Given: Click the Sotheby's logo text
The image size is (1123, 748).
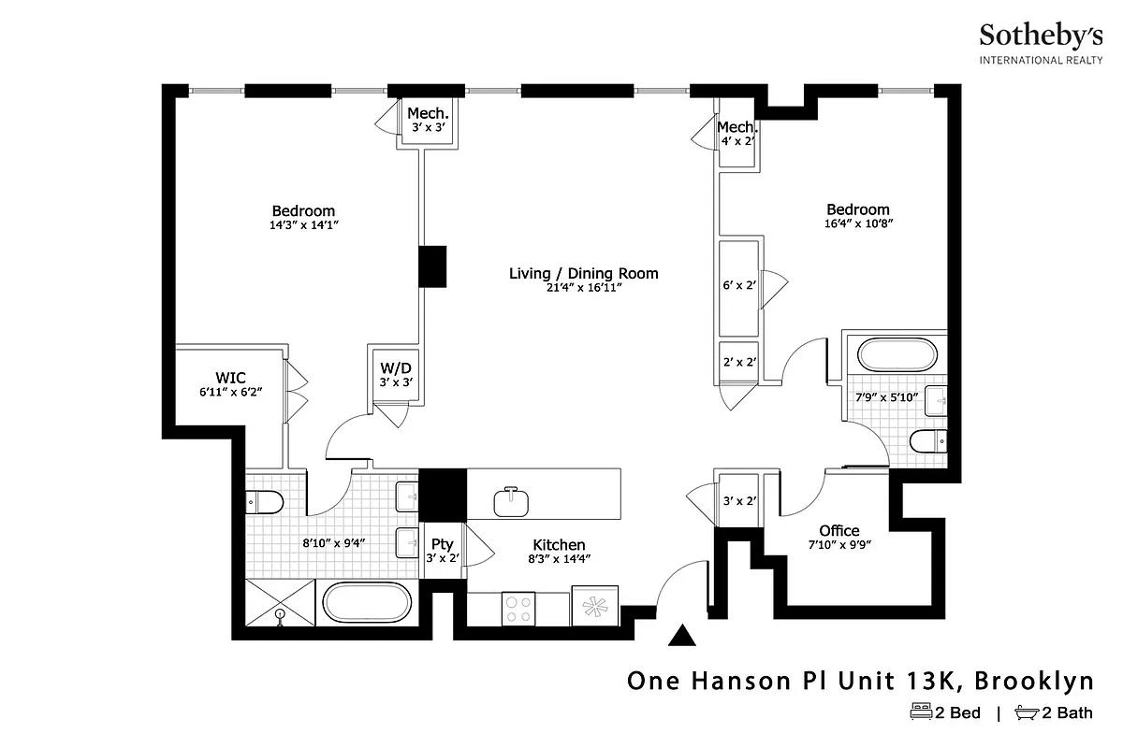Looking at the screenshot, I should tap(1040, 36).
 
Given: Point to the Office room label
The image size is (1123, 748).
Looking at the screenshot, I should tap(839, 531).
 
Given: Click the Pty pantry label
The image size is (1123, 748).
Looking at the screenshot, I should tap(442, 544).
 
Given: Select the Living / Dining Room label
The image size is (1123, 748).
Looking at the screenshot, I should tap(583, 274).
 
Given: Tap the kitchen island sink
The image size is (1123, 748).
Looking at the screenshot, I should tap(510, 501).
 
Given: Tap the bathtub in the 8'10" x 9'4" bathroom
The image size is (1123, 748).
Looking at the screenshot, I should tap(366, 603).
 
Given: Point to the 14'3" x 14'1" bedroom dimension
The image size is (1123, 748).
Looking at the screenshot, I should tap(303, 225).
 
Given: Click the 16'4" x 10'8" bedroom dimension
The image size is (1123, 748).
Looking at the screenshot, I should tap(857, 224).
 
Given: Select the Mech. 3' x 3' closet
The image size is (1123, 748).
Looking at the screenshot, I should tap(430, 121).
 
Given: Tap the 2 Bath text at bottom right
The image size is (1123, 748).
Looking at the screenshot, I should tap(1067, 713).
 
